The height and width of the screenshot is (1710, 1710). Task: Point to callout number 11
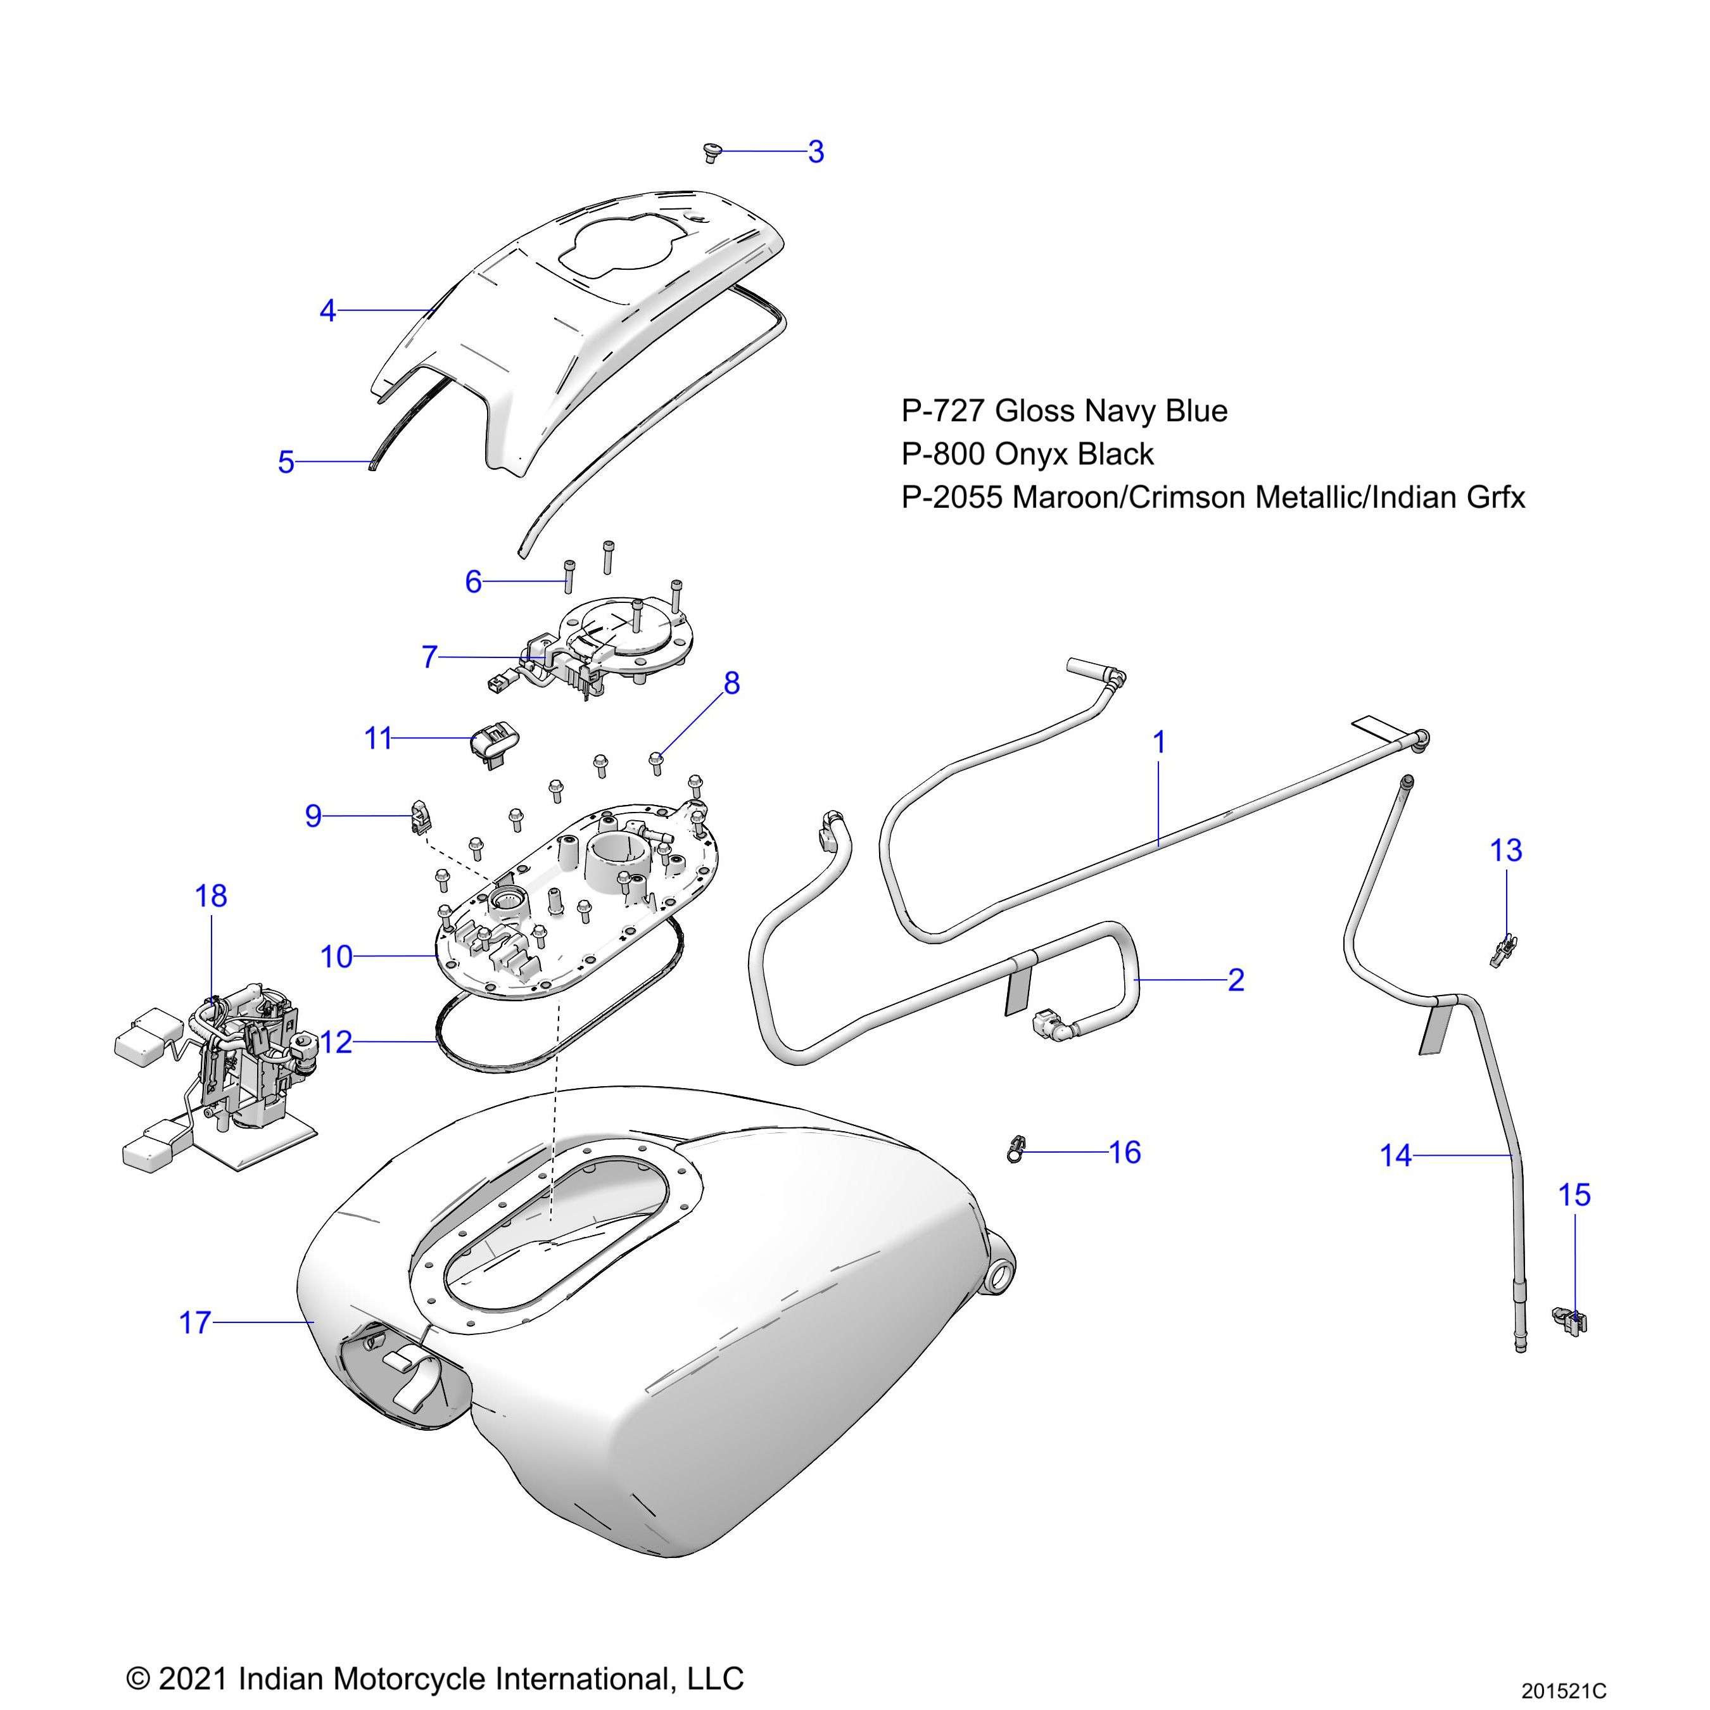pyautogui.click(x=378, y=738)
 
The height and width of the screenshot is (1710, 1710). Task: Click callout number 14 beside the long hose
pyautogui.click(x=1396, y=1156)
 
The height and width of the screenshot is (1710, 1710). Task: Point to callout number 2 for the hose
pyautogui.click(x=1236, y=980)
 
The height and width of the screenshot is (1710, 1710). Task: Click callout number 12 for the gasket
pyautogui.click(x=336, y=1042)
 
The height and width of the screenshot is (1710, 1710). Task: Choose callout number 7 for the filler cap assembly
pyautogui.click(x=429, y=657)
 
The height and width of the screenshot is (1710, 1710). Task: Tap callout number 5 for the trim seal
pyautogui.click(x=286, y=462)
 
